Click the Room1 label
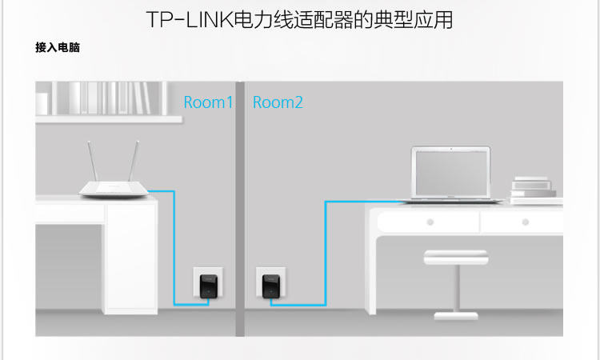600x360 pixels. click(208, 102)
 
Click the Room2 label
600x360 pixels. click(278, 102)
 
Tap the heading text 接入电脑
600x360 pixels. click(58, 48)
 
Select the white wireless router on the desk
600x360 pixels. click(114, 189)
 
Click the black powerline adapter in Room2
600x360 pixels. click(270, 285)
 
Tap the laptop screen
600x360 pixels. click(450, 171)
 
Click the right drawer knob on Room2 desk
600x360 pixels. click(526, 222)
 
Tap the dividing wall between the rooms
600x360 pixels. click(239, 208)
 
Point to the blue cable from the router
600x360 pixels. click(174, 248)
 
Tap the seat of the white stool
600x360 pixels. click(455, 257)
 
